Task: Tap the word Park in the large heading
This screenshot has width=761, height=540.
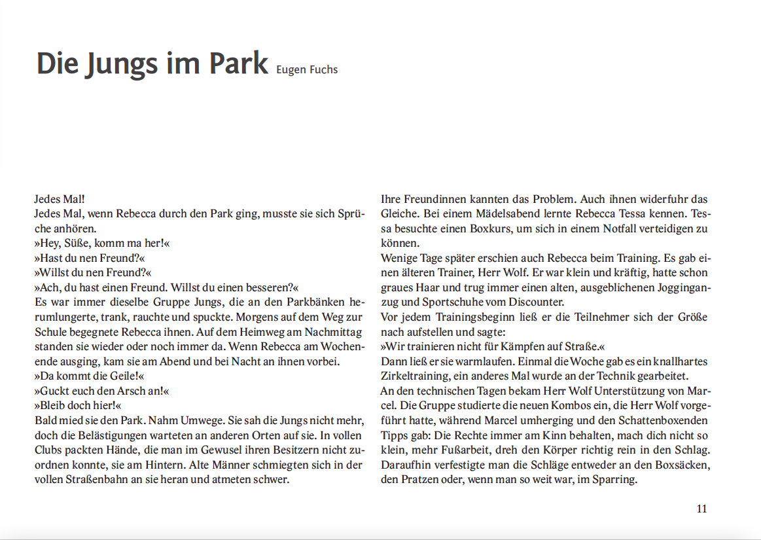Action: coord(239,63)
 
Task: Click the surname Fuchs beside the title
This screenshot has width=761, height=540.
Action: coord(323,69)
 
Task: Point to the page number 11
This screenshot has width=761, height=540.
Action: coord(701,509)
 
